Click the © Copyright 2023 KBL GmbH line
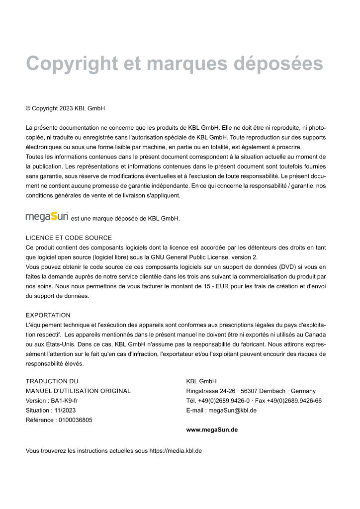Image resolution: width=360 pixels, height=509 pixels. [x=65, y=108]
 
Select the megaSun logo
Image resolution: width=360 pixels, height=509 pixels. [x=47, y=217]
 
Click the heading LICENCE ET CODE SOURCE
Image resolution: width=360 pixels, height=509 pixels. [x=69, y=238]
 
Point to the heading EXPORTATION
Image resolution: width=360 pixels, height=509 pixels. [x=48, y=315]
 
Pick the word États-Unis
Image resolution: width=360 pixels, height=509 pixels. [x=50, y=344]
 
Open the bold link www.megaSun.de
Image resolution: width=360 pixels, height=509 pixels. [x=212, y=430]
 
